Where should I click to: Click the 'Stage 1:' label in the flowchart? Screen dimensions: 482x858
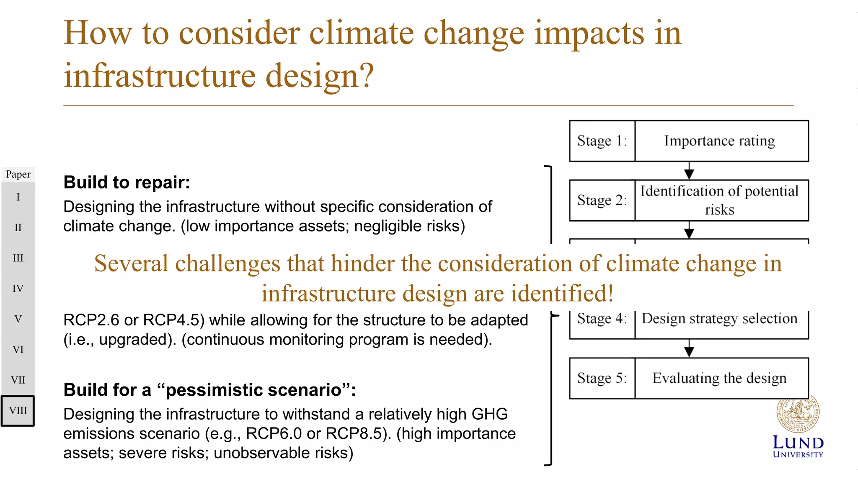(x=602, y=141)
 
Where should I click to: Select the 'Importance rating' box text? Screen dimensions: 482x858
(x=719, y=141)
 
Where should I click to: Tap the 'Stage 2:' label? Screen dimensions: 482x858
(x=602, y=200)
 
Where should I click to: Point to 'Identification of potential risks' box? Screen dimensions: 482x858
(x=719, y=200)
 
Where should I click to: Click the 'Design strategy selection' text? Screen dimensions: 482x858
(x=719, y=319)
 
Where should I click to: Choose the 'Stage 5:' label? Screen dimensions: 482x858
(x=602, y=378)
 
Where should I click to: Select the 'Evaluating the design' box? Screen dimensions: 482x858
(x=719, y=378)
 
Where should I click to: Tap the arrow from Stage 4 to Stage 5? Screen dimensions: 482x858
(x=689, y=348)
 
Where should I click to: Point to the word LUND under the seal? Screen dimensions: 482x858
(x=798, y=443)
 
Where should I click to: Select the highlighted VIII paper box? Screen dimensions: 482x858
(x=18, y=411)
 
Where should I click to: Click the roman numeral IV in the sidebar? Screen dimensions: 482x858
(x=18, y=289)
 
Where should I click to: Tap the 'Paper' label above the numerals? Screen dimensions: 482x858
(x=18, y=174)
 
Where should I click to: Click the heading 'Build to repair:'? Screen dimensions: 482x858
(x=127, y=183)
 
